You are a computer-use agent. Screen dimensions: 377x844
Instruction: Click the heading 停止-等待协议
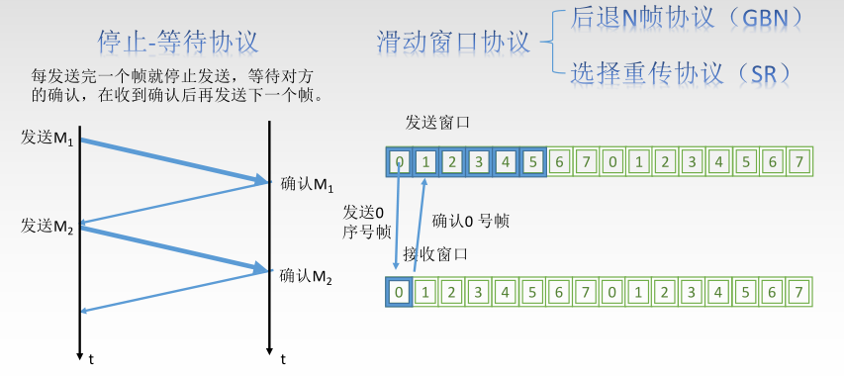(178, 43)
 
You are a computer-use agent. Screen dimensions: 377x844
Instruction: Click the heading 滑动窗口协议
(453, 43)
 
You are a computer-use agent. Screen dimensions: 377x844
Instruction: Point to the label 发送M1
(47, 138)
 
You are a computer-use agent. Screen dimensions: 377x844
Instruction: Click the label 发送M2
(47, 225)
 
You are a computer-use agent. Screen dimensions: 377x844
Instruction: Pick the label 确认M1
(309, 184)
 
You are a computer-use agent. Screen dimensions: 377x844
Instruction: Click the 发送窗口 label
(436, 122)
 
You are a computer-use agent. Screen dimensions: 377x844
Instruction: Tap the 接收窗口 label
(435, 254)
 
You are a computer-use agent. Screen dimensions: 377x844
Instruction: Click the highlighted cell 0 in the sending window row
(398, 160)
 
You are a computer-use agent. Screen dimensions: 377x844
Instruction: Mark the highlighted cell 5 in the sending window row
(533, 160)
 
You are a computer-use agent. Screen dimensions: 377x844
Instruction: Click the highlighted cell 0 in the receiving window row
(398, 292)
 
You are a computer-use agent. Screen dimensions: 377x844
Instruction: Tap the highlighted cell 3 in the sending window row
(479, 160)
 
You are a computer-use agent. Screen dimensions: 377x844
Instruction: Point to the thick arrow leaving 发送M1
(174, 160)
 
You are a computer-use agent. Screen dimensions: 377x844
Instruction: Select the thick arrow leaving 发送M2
(174, 248)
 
